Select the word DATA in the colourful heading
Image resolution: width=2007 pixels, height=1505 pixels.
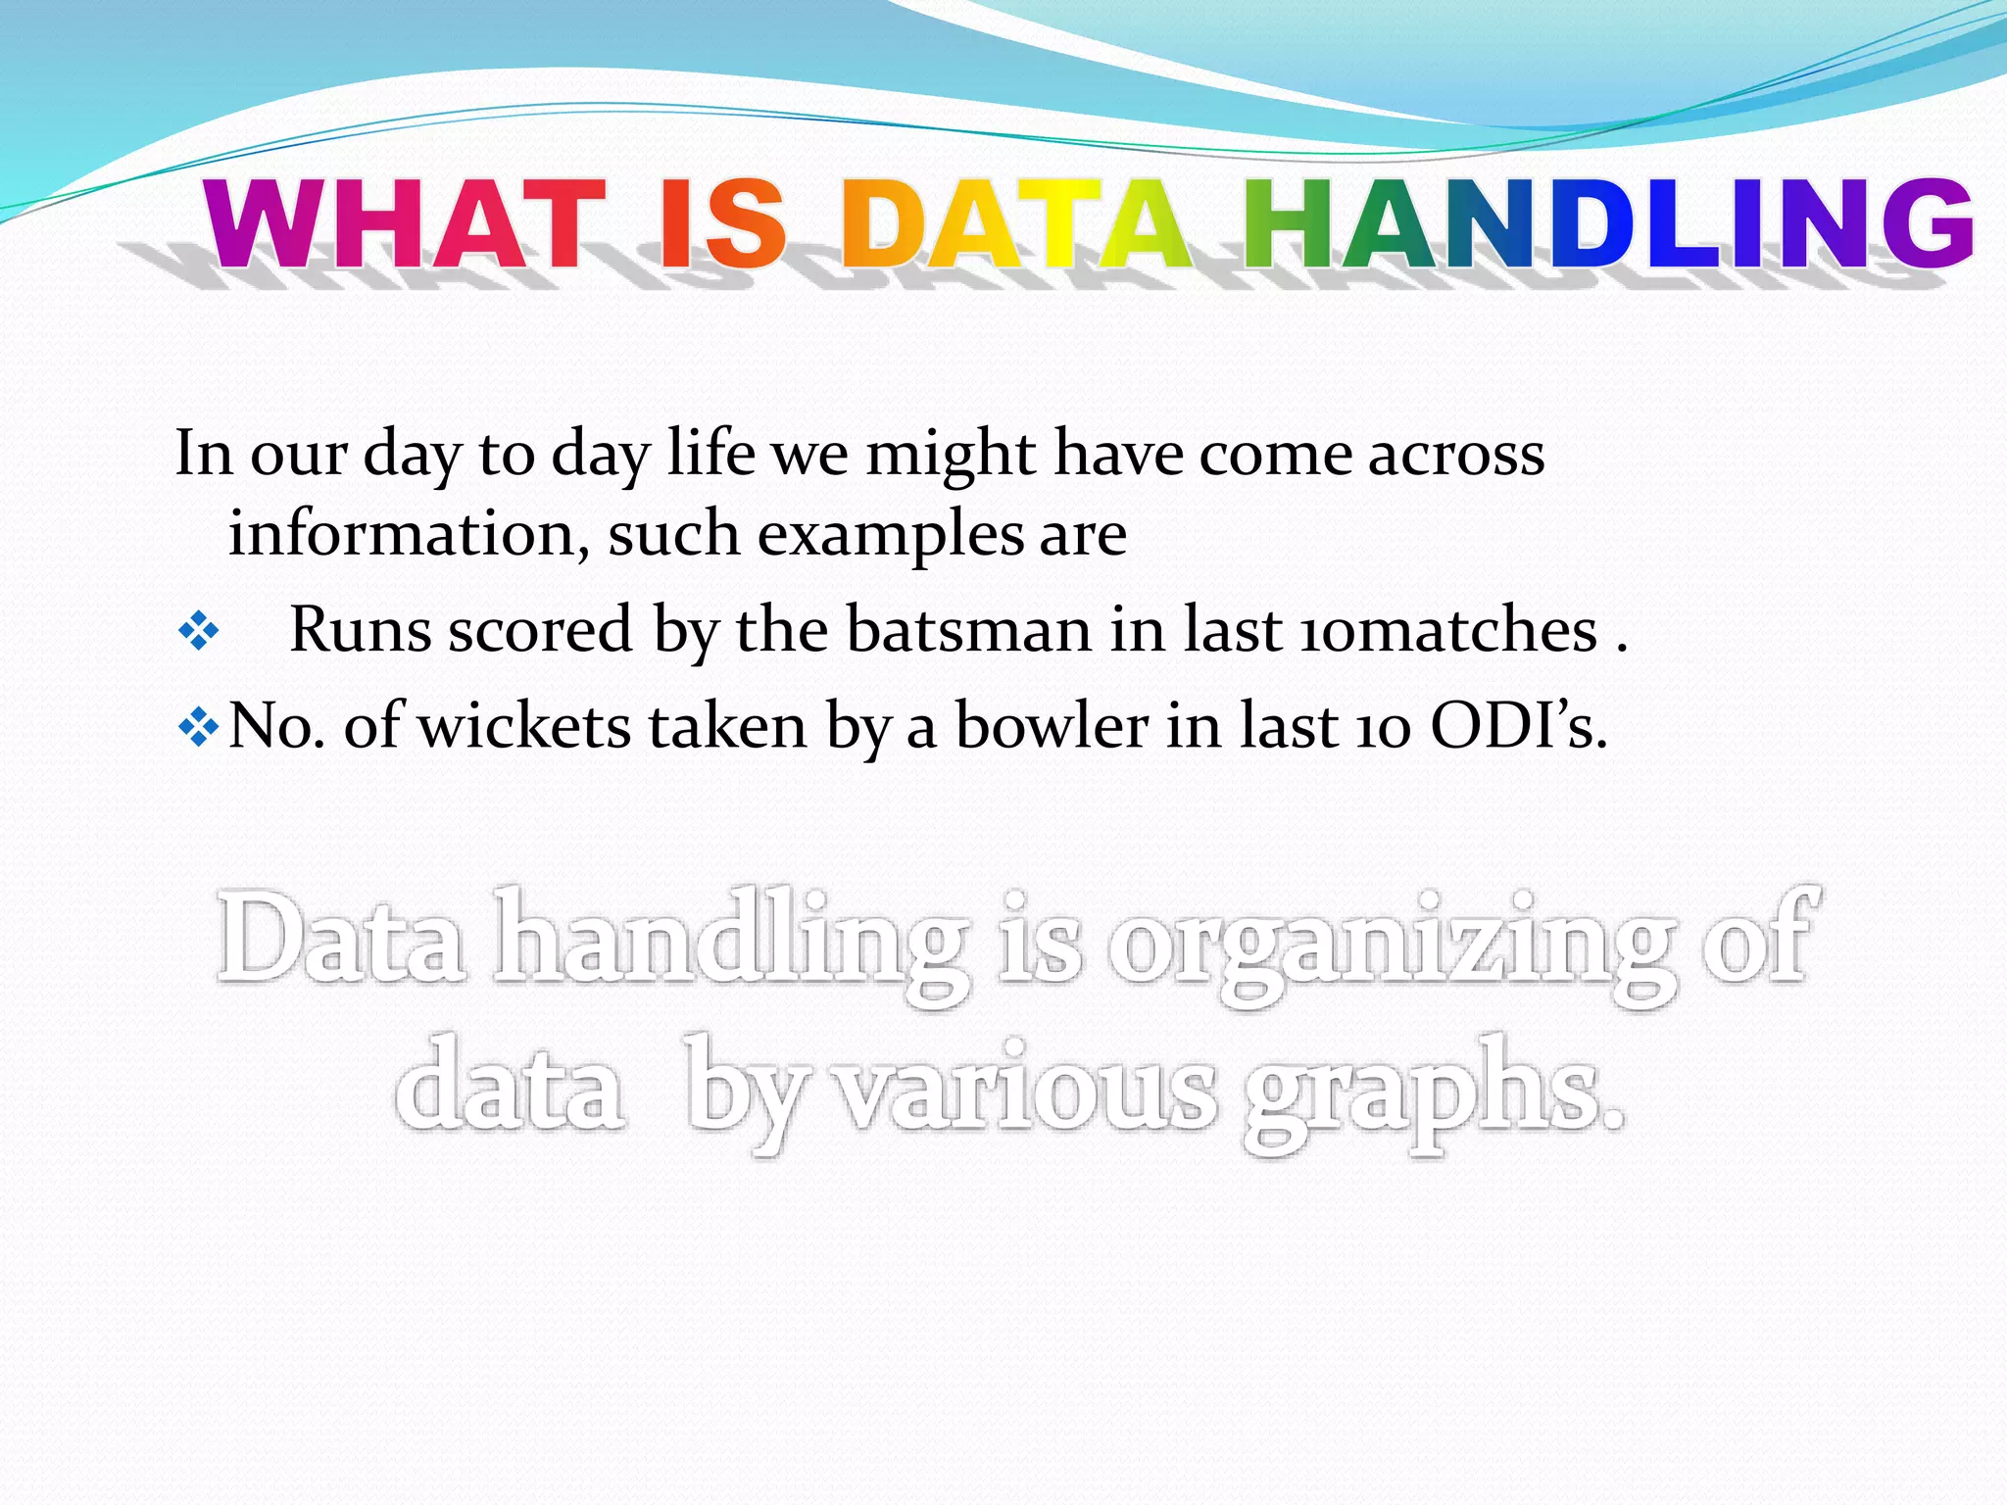tap(1015, 224)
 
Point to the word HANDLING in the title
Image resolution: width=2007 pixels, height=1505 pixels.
tap(1607, 224)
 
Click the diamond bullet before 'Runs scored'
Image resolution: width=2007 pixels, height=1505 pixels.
tap(198, 632)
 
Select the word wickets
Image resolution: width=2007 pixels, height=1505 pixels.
tap(524, 726)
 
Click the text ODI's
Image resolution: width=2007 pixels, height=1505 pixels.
tap(1518, 726)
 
